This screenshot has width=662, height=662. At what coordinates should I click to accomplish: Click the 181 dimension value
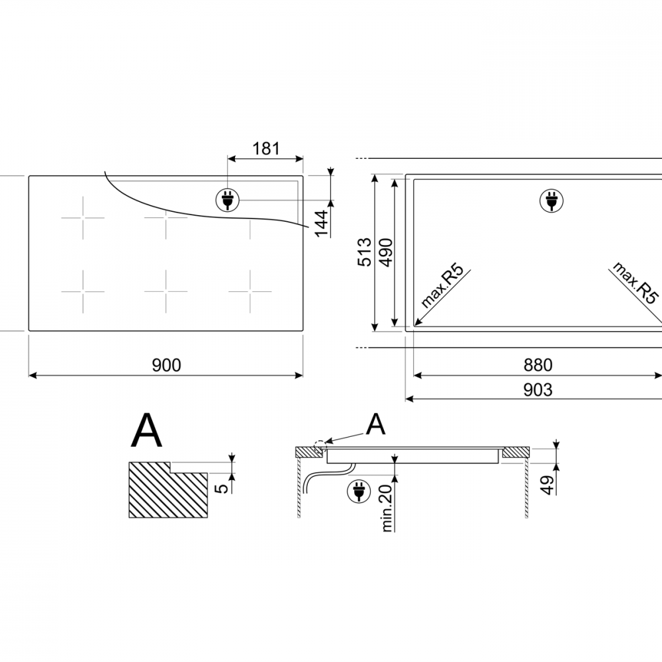[x=266, y=148]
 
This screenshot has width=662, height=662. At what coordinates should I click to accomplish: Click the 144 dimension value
[x=322, y=223]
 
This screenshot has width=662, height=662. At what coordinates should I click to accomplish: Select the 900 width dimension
[x=166, y=365]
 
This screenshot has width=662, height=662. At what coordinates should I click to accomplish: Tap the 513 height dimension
[x=364, y=252]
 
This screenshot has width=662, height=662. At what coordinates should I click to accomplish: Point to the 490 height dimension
[x=386, y=252]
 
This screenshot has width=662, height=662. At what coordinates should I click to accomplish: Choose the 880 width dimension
[x=538, y=365]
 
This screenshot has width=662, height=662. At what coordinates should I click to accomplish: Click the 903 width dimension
[x=538, y=390]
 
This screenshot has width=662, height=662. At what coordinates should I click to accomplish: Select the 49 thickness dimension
[x=547, y=485]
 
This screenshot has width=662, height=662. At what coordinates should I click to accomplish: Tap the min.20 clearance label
[x=387, y=508]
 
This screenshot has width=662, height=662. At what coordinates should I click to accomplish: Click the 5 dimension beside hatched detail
[x=221, y=488]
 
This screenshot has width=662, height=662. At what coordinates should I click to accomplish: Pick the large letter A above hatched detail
[x=146, y=430]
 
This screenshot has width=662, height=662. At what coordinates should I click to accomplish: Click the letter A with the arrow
[x=375, y=424]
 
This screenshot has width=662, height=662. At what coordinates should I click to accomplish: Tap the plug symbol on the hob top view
[x=228, y=200]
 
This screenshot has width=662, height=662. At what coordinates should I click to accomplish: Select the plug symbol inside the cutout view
[x=551, y=200]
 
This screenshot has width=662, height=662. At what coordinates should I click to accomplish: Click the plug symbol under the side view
[x=358, y=491]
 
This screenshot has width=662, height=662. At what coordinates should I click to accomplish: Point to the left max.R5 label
[x=442, y=286]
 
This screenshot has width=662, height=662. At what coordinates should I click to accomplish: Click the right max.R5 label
[x=635, y=283]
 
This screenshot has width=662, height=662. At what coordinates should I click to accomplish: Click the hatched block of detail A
[x=168, y=490]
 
